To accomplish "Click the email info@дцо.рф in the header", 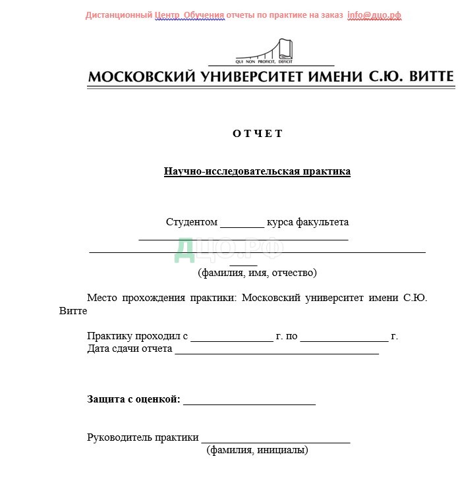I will pos(374,15).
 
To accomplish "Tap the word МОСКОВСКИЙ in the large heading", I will pos(141,76).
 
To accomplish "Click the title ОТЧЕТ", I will pos(257,134).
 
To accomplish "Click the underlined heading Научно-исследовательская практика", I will pos(257,172).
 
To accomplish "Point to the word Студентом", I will pos(192,223).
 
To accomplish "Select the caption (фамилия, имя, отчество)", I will pos(257,272).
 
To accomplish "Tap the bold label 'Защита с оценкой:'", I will pos(133,399).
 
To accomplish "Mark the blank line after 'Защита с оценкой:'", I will pos(249,401).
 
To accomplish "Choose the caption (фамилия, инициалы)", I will pos(257,451).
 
